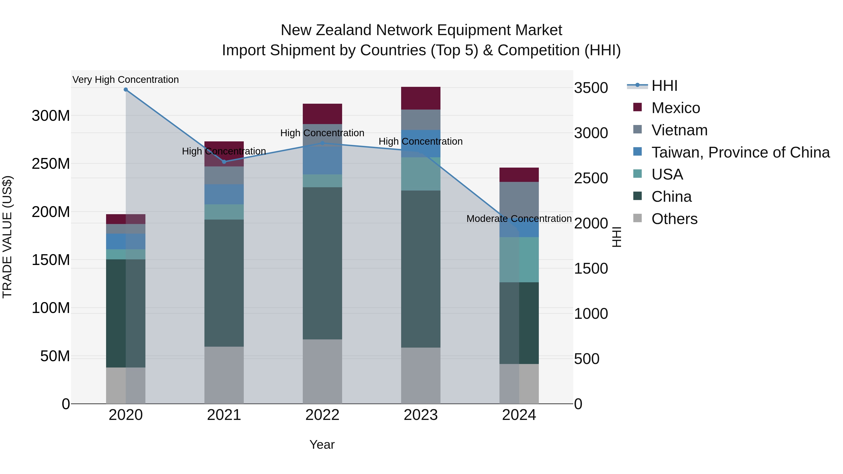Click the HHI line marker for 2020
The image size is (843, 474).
[x=126, y=90]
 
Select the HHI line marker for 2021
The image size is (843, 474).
[x=224, y=162]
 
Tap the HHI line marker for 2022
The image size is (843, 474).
[x=322, y=143]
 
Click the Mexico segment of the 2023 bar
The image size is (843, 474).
[x=421, y=98]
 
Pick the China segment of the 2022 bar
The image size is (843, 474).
[x=322, y=263]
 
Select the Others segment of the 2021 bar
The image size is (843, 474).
[x=224, y=375]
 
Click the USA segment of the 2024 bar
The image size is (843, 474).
[x=519, y=260]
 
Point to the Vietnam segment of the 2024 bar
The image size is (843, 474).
[x=519, y=199]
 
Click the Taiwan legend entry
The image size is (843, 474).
[x=740, y=152]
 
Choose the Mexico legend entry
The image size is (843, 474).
[x=675, y=108]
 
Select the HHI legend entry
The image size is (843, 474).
[x=664, y=86]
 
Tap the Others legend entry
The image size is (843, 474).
[x=674, y=219]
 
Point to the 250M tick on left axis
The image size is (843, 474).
[x=51, y=164]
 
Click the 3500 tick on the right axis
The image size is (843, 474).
[x=591, y=88]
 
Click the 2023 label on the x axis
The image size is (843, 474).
[x=421, y=415]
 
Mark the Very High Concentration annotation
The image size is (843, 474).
[x=126, y=80]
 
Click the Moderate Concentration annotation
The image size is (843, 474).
[x=519, y=219]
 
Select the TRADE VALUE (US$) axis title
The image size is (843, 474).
[x=7, y=237]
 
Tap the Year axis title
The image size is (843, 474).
[x=322, y=445]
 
